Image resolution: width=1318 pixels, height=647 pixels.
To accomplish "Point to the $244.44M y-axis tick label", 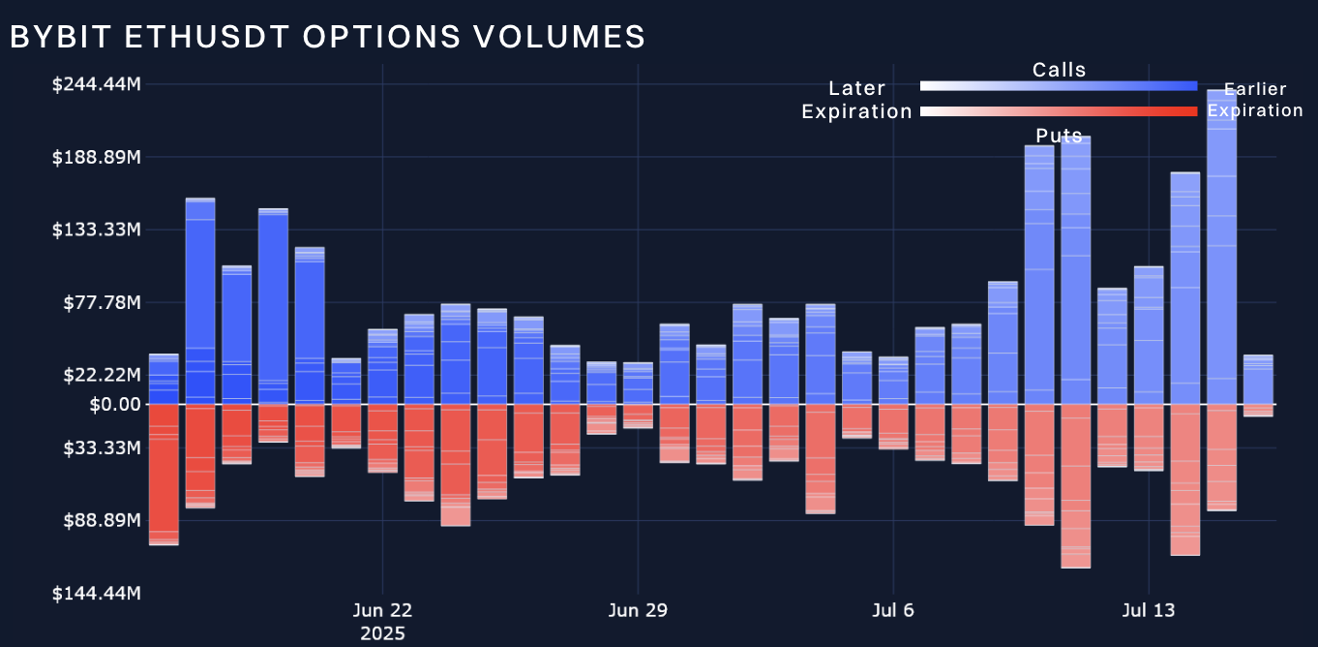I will pyautogui.click(x=96, y=84).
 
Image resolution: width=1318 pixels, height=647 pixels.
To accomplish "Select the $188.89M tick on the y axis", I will pyautogui.click(x=96, y=157).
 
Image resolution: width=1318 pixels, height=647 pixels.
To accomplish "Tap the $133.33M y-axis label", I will pyautogui.click(x=96, y=230).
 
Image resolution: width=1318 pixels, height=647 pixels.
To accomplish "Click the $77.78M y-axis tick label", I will pyautogui.click(x=101, y=302).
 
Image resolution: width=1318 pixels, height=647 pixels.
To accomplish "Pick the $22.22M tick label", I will pyautogui.click(x=101, y=375).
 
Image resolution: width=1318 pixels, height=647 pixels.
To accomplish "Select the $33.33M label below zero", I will pyautogui.click(x=101, y=447).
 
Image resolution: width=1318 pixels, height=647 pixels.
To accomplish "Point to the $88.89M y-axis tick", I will pyautogui.click(x=101, y=520).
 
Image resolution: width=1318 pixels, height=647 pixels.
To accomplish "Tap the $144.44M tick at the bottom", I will pyautogui.click(x=96, y=593).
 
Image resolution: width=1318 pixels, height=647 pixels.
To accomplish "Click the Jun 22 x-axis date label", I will pyautogui.click(x=383, y=610).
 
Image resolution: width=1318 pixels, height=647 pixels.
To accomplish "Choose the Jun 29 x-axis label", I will pyautogui.click(x=638, y=610).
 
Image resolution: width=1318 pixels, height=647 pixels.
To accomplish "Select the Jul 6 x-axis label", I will pyautogui.click(x=892, y=610).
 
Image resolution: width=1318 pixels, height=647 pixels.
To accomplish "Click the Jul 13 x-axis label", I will pyautogui.click(x=1148, y=610).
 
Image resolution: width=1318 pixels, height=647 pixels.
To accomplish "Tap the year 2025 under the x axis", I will pyautogui.click(x=383, y=633).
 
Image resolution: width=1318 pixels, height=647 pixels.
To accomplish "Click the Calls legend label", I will pyautogui.click(x=1059, y=70).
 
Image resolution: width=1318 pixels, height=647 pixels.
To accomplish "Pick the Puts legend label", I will pyautogui.click(x=1059, y=136).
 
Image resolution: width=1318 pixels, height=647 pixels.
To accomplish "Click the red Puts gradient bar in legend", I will pyautogui.click(x=1059, y=111).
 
